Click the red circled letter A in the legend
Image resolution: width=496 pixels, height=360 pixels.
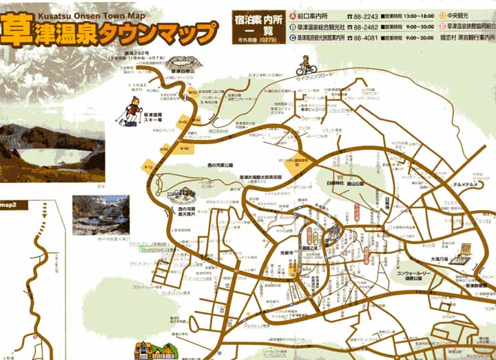[x=293, y=15]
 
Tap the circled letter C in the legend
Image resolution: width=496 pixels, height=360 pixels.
[x=293, y=39]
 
